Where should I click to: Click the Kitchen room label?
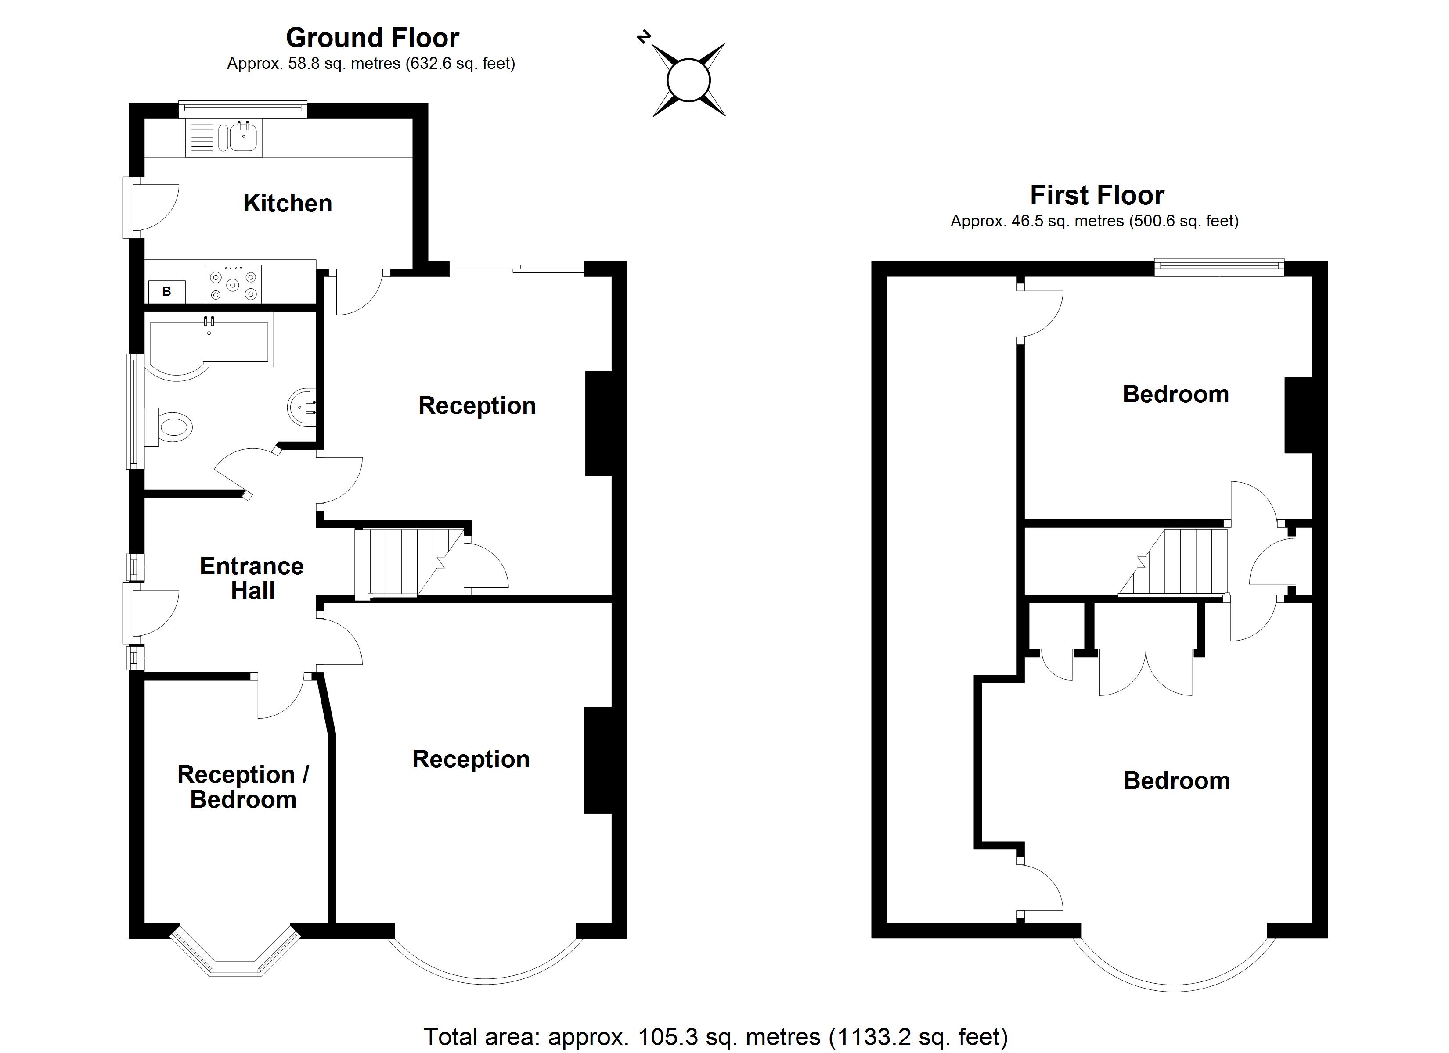click(288, 204)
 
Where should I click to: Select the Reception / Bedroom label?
click(243, 787)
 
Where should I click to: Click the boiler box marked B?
click(167, 292)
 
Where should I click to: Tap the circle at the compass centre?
click(688, 80)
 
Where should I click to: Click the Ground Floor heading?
click(372, 38)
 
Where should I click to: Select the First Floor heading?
click(1097, 195)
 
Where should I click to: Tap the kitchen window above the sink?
click(243, 109)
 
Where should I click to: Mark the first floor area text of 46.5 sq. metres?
click(1094, 222)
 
